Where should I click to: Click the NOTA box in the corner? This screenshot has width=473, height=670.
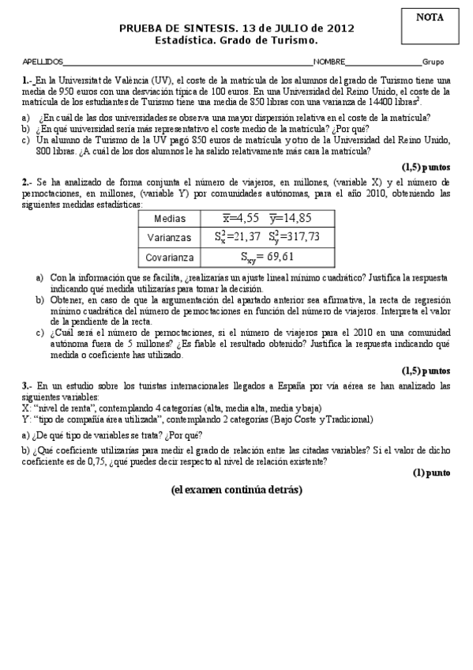pos(430,24)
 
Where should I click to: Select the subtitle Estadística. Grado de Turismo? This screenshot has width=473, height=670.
pos(236,40)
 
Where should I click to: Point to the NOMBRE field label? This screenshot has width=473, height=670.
pos(328,62)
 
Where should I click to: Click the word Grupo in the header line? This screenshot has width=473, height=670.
pos(433,62)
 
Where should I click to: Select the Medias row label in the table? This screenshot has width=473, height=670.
pos(171,217)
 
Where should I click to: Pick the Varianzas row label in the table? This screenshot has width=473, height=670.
pos(171,236)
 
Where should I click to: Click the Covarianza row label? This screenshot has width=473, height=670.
pos(171,257)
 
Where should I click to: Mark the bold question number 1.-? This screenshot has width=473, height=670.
pos(28,81)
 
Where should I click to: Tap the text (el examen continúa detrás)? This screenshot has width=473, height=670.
pos(236,490)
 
